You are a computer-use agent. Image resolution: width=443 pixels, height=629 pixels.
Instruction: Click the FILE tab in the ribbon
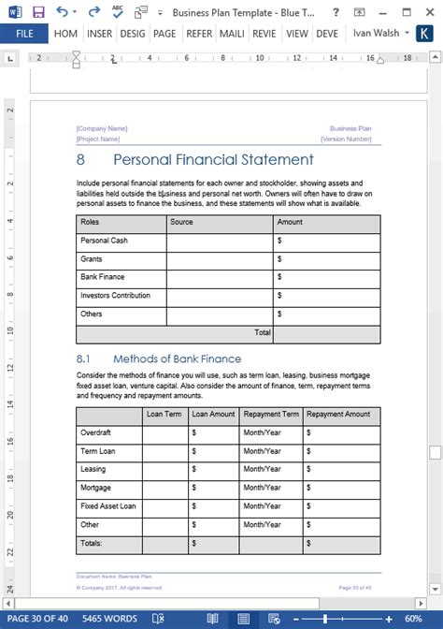pyautogui.click(x=24, y=33)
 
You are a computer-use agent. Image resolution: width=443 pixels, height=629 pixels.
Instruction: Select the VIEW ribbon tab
pyautogui.click(x=297, y=33)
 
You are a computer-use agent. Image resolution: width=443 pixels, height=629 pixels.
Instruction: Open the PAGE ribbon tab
pyautogui.click(x=164, y=33)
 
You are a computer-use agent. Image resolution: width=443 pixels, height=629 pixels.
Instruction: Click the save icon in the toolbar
pyautogui.click(x=38, y=11)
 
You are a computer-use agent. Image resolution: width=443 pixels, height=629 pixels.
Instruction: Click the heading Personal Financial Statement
pyautogui.click(x=213, y=159)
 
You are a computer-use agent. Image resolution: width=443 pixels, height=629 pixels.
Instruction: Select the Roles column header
pyautogui.click(x=91, y=223)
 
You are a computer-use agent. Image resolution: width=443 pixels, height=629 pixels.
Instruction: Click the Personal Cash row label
pyautogui.click(x=104, y=241)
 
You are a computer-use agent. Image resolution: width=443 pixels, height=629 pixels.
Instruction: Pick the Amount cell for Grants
pyautogui.click(x=326, y=259)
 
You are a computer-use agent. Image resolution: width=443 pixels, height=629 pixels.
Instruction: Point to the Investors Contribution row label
pyautogui.click(x=115, y=296)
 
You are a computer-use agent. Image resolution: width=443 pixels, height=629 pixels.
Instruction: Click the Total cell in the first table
pyautogui.click(x=263, y=332)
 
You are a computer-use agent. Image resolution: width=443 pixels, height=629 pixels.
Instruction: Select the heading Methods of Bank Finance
pyautogui.click(x=177, y=358)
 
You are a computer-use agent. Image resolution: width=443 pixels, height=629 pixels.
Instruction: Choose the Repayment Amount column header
pyautogui.click(x=338, y=414)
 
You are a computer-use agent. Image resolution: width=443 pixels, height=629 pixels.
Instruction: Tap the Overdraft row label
pyautogui.click(x=97, y=432)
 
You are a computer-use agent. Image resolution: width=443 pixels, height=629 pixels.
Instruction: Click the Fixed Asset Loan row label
pyautogui.click(x=108, y=506)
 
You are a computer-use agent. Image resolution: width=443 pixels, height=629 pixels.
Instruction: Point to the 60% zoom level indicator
pyautogui.click(x=413, y=619)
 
